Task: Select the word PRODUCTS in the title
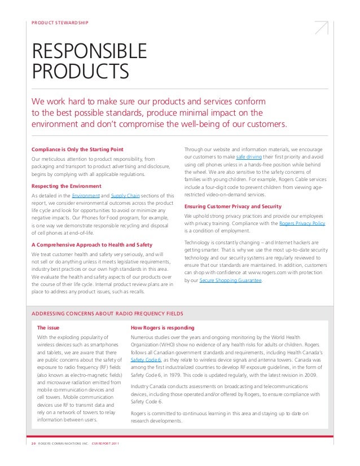[80, 72]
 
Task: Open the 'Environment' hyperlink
[85, 195]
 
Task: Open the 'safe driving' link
[248, 156]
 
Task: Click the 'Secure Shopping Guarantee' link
[231, 280]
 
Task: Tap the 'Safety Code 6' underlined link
[146, 359]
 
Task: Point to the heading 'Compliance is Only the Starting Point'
[77, 149]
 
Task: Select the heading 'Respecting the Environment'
[66, 186]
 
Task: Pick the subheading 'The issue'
[49, 327]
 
